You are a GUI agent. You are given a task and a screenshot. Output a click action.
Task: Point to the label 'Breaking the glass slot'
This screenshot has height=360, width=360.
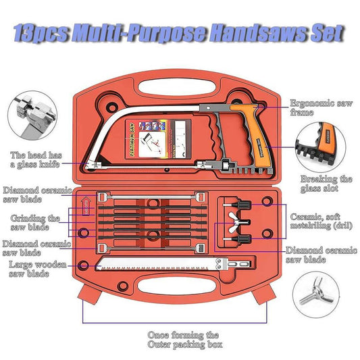pos(326,184)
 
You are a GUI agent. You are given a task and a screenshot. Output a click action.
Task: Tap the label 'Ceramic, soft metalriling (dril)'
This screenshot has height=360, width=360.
pos(319,222)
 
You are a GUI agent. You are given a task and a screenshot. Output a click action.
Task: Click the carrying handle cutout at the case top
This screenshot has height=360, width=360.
pos(179,78)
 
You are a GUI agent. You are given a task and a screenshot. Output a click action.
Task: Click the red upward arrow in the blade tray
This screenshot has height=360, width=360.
pos(84,206)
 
